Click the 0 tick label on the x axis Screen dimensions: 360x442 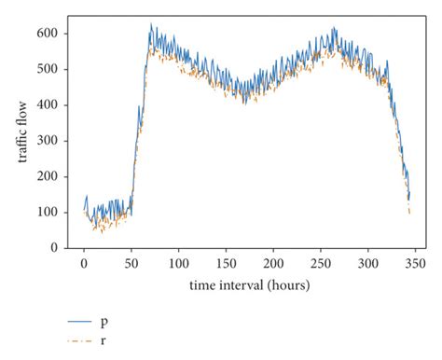(x=84, y=263)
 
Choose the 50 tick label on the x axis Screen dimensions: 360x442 (x=131, y=263)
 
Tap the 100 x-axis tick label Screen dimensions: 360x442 (x=179, y=263)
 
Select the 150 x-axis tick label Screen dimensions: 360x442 (x=227, y=263)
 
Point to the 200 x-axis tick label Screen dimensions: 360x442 (x=274, y=263)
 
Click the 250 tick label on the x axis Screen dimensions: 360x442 (x=321, y=263)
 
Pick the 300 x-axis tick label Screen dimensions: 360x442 (x=368, y=263)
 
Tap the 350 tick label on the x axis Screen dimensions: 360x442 (x=416, y=263)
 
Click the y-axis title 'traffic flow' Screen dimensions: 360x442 (x=22, y=139)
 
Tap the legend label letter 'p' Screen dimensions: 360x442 (x=103, y=322)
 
